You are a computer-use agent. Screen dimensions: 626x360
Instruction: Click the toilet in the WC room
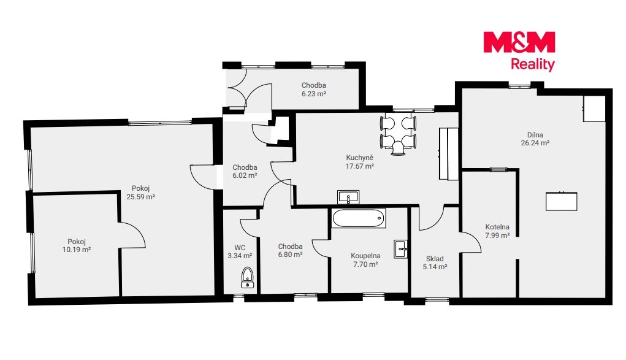click(x=248, y=278)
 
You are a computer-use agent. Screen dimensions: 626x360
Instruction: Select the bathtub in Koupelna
click(x=359, y=218)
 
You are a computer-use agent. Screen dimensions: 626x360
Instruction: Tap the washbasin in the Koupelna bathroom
click(x=401, y=249)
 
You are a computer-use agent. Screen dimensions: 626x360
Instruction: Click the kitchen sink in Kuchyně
click(x=348, y=197)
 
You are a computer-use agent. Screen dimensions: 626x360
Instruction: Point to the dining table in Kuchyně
click(x=399, y=135)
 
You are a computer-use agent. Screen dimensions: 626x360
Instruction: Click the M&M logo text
click(x=519, y=42)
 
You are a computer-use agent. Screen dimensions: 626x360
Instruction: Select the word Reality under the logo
click(x=533, y=64)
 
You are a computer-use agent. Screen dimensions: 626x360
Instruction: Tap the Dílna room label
click(x=535, y=135)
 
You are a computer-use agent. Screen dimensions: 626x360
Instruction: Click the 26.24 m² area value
click(x=535, y=143)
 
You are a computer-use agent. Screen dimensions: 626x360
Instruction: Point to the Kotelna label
click(x=497, y=227)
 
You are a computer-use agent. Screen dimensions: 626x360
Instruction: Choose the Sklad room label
click(x=435, y=259)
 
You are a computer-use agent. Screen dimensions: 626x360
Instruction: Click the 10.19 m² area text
click(x=76, y=250)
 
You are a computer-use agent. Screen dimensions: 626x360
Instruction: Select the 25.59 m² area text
click(x=140, y=197)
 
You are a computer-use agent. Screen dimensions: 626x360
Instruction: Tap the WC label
click(x=240, y=248)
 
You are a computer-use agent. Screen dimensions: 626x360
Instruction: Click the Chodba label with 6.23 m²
click(x=313, y=85)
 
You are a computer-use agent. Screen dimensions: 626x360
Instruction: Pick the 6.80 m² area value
click(x=290, y=255)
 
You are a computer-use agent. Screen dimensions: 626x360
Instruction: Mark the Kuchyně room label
click(x=360, y=158)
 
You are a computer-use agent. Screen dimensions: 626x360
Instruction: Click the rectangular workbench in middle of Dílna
click(x=562, y=201)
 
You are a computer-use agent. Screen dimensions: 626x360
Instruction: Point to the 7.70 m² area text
click(x=365, y=264)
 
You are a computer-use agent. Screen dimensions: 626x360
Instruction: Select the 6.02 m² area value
click(x=245, y=175)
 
